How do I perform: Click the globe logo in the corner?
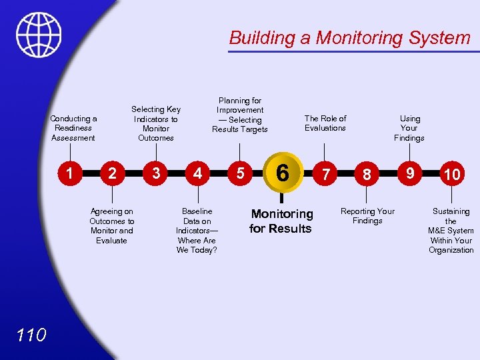[39, 35]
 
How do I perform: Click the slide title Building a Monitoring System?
[349, 37]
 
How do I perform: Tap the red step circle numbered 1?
[70, 173]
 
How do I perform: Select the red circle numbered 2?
[113, 174]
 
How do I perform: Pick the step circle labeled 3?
[155, 173]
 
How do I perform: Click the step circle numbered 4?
[197, 173]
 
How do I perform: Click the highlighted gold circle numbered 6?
[282, 173]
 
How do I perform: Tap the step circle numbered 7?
[325, 175]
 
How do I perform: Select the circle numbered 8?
[367, 175]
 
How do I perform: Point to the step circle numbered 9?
[410, 173]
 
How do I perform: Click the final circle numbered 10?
[452, 175]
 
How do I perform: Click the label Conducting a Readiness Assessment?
[73, 128]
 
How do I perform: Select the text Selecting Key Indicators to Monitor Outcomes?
[156, 123]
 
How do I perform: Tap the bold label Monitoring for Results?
[281, 221]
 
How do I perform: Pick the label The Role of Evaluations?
[325, 123]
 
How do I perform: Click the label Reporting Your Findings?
[367, 216]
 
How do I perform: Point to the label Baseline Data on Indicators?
[197, 231]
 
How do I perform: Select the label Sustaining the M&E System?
[451, 231]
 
